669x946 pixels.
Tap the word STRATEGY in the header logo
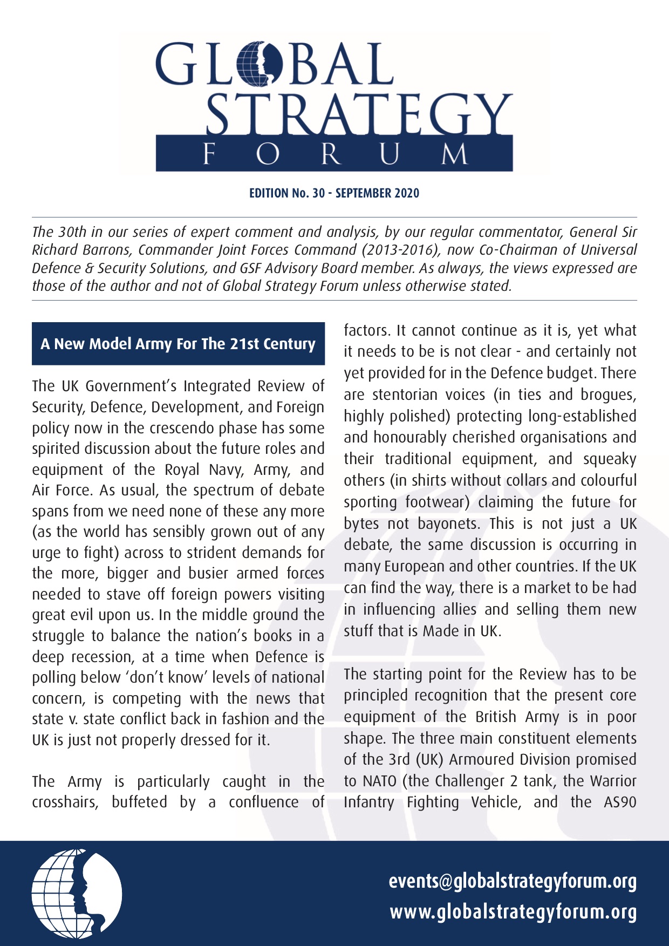359,114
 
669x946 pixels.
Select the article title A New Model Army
178,344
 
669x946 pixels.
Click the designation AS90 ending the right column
620,802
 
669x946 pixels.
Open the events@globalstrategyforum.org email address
513,881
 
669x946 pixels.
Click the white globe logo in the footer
77,893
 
